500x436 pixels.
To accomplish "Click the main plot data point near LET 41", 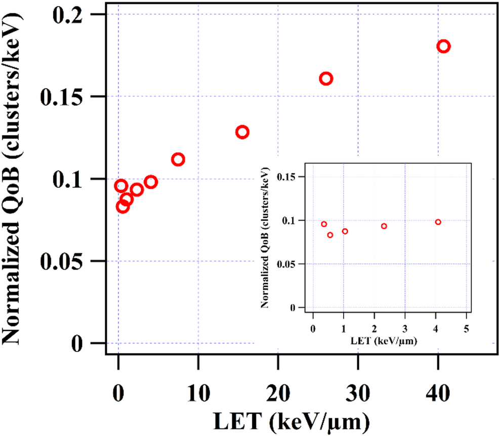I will [x=443, y=47].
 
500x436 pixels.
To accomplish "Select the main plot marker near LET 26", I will [x=326, y=78].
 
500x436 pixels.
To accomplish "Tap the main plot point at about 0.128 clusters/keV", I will [x=242, y=132].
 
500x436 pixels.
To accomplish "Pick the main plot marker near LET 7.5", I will [x=178, y=159].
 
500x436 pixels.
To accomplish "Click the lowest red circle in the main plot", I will [x=122, y=206].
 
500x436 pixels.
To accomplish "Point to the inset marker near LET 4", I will [x=438, y=222].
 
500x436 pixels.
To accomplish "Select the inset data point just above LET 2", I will [x=384, y=226].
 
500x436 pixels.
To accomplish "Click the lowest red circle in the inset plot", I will [x=330, y=235].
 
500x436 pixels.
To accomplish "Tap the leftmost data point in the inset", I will [x=324, y=224].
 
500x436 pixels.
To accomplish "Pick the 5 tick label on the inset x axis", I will [x=466, y=329].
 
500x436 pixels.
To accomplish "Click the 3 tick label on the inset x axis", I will [x=404, y=329].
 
